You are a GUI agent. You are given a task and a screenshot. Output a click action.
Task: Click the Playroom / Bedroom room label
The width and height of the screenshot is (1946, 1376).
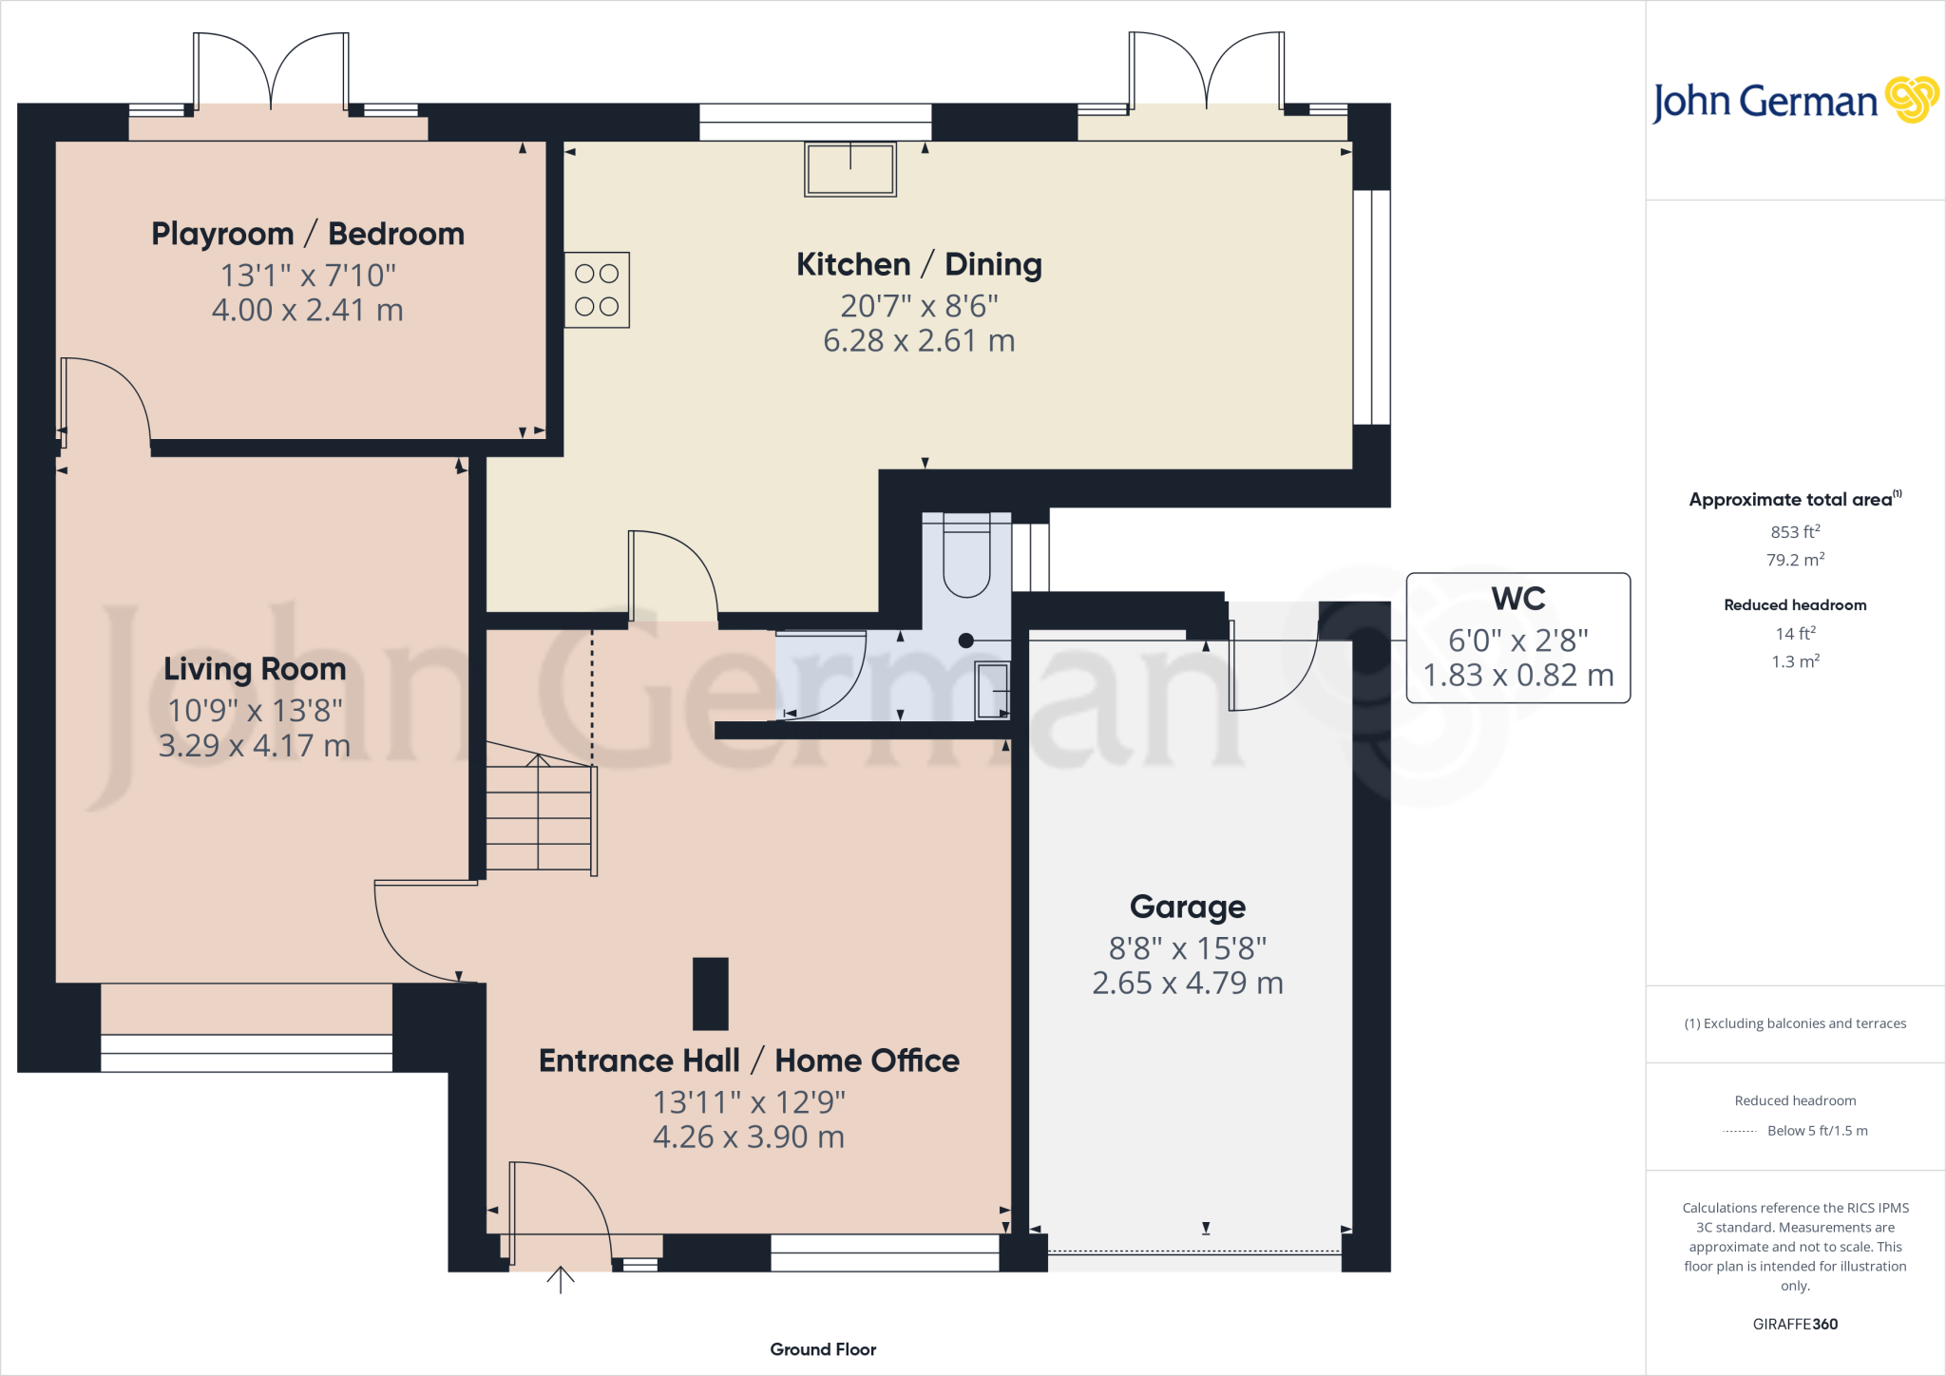click(x=308, y=234)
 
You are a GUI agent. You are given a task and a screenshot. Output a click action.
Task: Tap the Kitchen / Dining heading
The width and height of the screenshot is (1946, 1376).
click(x=919, y=264)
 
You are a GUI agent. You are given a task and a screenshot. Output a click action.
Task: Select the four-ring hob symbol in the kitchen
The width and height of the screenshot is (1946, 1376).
click(x=597, y=290)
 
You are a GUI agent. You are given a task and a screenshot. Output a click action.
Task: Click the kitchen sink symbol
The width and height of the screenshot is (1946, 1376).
click(x=849, y=169)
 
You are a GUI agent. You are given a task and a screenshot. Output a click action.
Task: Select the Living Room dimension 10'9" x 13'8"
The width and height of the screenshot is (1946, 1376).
click(x=255, y=711)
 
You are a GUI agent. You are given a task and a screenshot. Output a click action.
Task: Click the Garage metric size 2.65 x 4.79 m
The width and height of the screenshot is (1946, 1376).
click(x=1187, y=983)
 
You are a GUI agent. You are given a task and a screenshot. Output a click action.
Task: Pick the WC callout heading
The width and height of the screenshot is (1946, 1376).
click(x=1517, y=599)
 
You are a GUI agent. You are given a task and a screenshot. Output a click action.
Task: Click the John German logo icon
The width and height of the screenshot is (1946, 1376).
click(x=1911, y=100)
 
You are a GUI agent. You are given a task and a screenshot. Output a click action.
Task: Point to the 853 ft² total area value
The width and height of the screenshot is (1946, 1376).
click(x=1795, y=532)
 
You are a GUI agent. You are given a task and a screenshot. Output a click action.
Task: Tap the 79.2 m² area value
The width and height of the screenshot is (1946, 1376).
click(x=1795, y=560)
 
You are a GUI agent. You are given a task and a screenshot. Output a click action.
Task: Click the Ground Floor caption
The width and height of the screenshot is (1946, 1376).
click(x=823, y=1349)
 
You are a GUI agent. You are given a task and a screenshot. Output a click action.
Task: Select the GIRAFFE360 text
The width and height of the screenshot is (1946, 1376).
click(x=1795, y=1324)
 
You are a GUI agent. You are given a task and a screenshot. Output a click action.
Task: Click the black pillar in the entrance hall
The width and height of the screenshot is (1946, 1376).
click(x=710, y=994)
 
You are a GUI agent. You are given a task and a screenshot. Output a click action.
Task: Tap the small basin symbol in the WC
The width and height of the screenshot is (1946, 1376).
click(x=992, y=689)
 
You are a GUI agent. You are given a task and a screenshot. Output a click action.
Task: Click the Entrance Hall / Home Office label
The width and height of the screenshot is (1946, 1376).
click(x=749, y=1061)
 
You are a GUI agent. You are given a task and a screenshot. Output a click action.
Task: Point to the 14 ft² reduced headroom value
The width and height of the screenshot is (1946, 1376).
click(x=1795, y=633)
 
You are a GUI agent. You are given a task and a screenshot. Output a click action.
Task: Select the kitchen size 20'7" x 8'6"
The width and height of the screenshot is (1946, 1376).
click(x=919, y=306)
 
